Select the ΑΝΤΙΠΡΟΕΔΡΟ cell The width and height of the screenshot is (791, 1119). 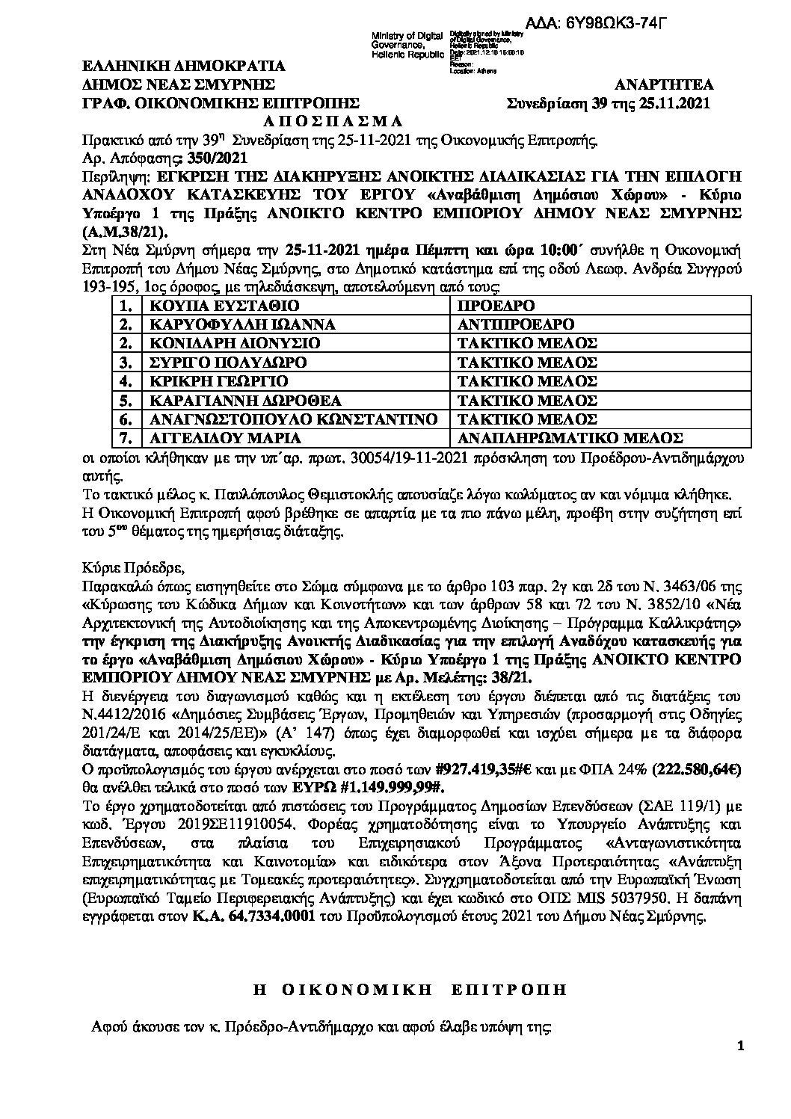[x=516, y=324]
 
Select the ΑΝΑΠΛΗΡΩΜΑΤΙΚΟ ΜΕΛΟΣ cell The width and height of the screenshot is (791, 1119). [x=570, y=438]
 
